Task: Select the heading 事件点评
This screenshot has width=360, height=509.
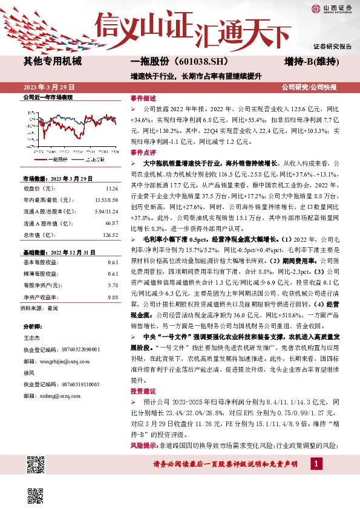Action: (x=143, y=153)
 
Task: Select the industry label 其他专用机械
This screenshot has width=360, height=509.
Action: (x=52, y=62)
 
